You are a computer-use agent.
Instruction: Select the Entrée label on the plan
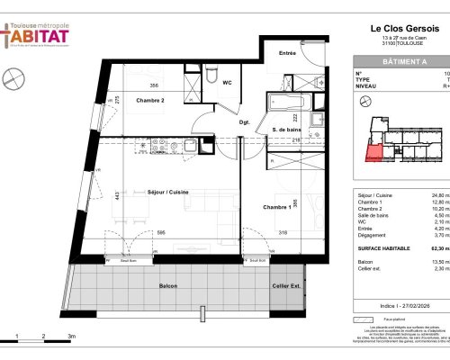[288, 54]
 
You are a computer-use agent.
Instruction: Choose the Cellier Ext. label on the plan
[287, 286]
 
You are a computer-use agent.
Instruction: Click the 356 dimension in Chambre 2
[155, 85]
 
